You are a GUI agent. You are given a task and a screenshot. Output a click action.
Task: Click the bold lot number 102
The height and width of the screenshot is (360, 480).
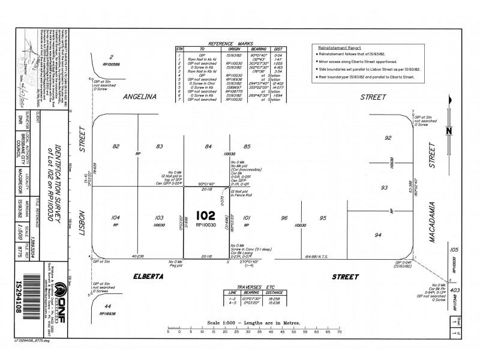pyautogui.click(x=205, y=215)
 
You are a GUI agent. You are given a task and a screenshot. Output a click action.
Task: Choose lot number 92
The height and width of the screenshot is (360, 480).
pyautogui.click(x=388, y=139)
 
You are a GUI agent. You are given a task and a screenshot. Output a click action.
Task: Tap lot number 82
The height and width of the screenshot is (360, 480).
pyautogui.click(x=116, y=146)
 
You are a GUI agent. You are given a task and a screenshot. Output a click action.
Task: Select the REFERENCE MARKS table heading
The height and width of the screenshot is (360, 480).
pyautogui.click(x=230, y=45)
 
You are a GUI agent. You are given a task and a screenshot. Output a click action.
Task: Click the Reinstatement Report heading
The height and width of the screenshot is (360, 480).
pyautogui.click(x=341, y=47)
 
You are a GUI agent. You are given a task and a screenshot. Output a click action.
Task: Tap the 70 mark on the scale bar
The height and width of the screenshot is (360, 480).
pyautogui.click(x=340, y=332)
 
